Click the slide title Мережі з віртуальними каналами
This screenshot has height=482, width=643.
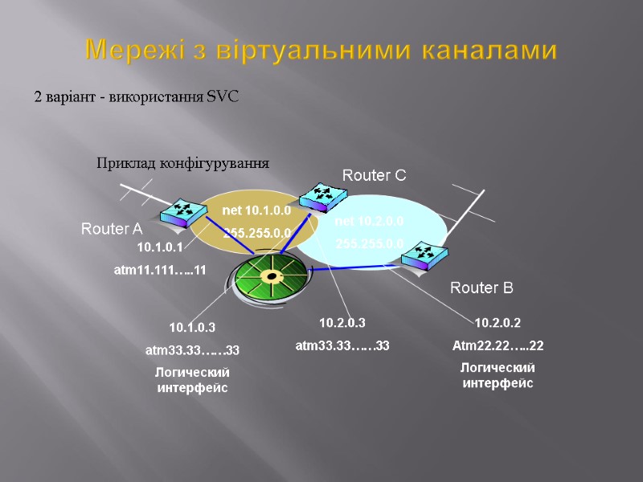click(321, 51)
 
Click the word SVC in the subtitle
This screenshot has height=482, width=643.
click(223, 97)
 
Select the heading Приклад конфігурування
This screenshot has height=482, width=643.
click(182, 163)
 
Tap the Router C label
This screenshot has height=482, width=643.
click(375, 174)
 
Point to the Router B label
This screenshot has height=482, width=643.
click(481, 287)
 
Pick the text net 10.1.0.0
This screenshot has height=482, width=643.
click(256, 210)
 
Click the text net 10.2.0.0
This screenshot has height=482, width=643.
click(369, 220)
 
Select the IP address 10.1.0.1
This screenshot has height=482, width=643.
click(160, 247)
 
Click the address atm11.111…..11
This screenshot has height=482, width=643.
click(161, 271)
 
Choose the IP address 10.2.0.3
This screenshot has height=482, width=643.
click(342, 323)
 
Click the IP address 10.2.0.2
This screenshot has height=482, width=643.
click(498, 323)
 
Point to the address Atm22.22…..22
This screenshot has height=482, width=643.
click(498, 346)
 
